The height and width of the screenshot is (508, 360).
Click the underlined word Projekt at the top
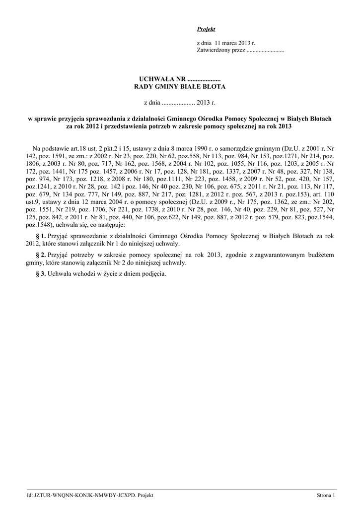[x=206, y=30]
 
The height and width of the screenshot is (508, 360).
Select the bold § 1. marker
[x=42, y=236]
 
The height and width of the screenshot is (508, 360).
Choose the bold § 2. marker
[x=42, y=254]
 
